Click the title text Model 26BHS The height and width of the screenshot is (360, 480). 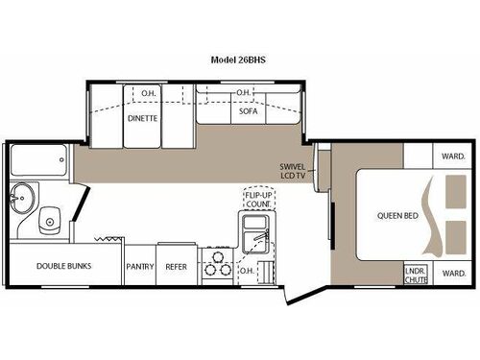239,58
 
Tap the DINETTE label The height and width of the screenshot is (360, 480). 144,119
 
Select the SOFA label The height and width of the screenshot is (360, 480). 248,111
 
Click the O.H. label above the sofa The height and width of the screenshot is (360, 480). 245,93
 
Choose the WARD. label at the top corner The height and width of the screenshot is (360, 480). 453,156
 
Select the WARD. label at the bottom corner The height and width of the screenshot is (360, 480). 453,273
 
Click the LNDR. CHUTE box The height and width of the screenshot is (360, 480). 415,273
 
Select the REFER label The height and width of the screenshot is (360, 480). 176,266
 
